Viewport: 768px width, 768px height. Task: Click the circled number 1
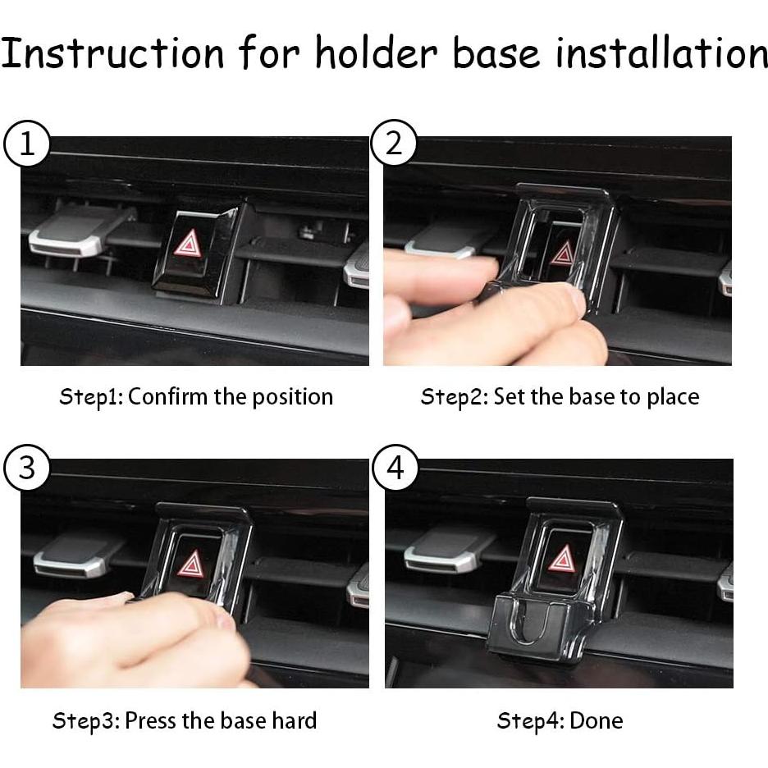pos(27,145)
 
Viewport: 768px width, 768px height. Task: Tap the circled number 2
pos(394,145)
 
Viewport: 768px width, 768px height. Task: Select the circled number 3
pos(27,469)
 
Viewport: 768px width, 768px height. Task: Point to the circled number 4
pos(395,469)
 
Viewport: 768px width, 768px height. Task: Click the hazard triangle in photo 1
pos(189,244)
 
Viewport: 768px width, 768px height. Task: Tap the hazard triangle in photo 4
pos(563,560)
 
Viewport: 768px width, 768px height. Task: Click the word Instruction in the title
pos(112,53)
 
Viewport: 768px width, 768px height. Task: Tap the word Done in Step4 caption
pos(596,721)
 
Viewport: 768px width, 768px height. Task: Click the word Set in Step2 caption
pos(508,397)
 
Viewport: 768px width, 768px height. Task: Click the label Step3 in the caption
pos(85,721)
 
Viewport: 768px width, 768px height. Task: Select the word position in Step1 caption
pos(292,398)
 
